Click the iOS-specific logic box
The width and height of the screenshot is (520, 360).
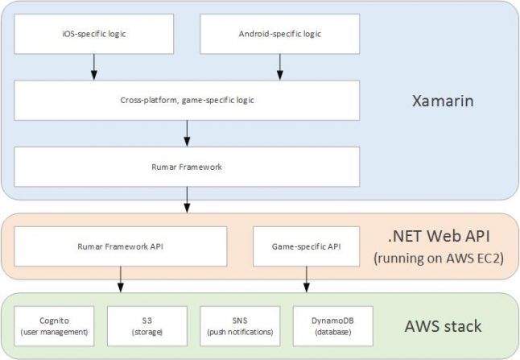tap(94, 35)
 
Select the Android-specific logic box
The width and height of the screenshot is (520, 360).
tap(279, 35)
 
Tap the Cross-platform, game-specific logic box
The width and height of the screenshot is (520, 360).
tap(187, 100)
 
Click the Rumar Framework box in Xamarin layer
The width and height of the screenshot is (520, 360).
tap(187, 167)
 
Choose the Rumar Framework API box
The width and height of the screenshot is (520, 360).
tap(121, 246)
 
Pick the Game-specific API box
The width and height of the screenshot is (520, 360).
tap(306, 246)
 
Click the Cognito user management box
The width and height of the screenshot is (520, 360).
tap(54, 325)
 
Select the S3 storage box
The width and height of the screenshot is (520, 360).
tap(147, 325)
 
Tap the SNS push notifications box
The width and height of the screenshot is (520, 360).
tap(239, 325)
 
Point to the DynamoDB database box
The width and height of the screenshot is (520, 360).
tap(332, 325)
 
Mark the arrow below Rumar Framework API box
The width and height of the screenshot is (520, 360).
tap(121, 278)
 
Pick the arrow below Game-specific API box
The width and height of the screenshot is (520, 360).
tap(306, 278)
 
